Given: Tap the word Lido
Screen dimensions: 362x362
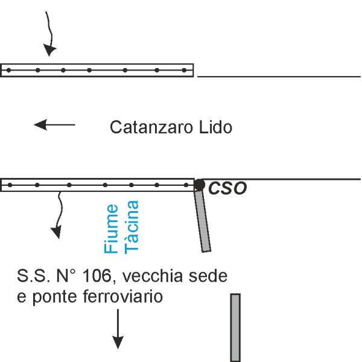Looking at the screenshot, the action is pos(215,127).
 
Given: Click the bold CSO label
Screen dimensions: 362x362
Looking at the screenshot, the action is pos(227,188).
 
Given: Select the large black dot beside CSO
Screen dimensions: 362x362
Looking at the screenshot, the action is pos(199,185).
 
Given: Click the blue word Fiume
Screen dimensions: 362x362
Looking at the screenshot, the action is pos(111,229).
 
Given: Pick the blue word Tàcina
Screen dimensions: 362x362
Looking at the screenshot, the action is pos(131,227).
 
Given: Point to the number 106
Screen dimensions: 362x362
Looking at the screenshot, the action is pos(98,276).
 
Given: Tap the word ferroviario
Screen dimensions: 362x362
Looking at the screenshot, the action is pos(123,296).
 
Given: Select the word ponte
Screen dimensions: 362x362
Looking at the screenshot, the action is pos(54,297).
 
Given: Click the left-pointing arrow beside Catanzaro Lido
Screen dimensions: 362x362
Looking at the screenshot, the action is pos(54,125).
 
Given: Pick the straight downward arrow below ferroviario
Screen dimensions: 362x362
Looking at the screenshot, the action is pos(118,329).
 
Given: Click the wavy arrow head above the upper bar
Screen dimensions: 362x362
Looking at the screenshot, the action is pos(49,50).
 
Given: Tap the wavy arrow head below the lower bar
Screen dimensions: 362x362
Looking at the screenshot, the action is pos(57,232).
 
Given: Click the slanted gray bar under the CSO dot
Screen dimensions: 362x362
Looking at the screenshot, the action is pos(203,221).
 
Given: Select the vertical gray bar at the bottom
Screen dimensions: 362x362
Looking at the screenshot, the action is pos(235,328).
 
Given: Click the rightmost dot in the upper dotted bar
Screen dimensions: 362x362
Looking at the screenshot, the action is pos(184,70).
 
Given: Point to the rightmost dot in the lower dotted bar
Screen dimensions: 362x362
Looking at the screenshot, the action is pos(186,185).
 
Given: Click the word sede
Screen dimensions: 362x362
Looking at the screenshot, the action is pos(208,276).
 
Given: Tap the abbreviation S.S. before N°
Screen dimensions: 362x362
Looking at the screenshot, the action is pos(34,276).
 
